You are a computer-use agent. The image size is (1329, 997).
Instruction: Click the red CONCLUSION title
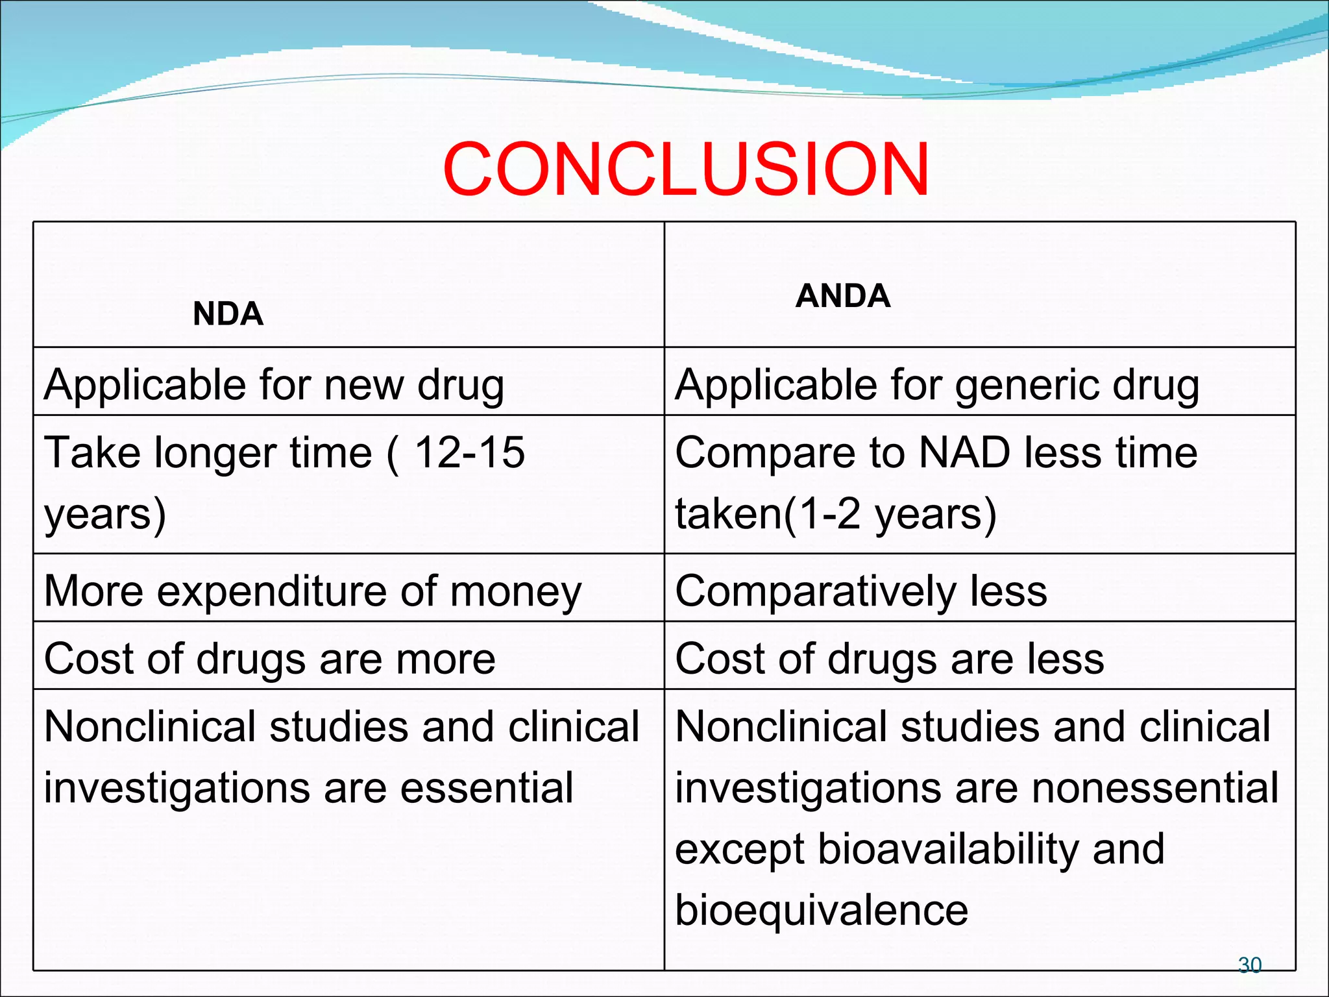coord(686,169)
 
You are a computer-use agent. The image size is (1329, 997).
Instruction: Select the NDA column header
coord(228,314)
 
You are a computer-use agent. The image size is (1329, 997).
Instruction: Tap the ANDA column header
coord(842,296)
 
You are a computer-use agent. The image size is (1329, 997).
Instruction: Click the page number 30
coord(1249,965)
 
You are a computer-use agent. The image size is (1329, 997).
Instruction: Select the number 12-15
coord(469,452)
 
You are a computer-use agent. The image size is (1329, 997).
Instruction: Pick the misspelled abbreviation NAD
coord(964,452)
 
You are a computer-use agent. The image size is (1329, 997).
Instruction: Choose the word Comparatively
coord(816,591)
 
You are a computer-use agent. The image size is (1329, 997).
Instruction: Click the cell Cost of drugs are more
coord(269,659)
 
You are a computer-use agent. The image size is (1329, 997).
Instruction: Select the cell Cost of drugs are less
coord(889,659)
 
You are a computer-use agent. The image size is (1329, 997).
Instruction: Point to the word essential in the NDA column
coord(487,788)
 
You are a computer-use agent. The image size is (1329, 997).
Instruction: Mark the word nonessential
coord(1155,788)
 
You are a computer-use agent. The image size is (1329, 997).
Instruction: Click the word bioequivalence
coord(822,910)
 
